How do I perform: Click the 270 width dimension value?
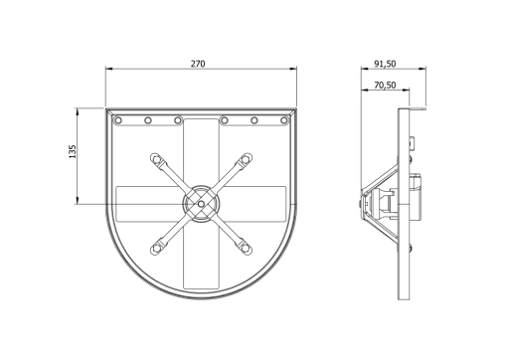tap(198, 64)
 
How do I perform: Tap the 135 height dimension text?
tap(73, 151)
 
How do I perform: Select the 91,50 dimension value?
tap(385, 64)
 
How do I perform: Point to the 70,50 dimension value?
tap(385, 86)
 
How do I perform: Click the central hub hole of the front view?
tap(201, 204)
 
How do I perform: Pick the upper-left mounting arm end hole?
tap(155, 159)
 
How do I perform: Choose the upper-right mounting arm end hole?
tap(246, 159)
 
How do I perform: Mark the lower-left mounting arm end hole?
tap(155, 249)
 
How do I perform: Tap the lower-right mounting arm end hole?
tap(246, 248)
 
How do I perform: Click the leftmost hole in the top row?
tap(118, 120)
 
